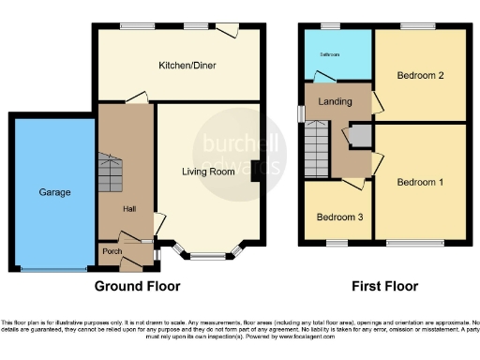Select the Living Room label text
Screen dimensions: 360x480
point(207,172)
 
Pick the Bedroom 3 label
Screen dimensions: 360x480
point(336,217)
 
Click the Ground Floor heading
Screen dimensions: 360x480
point(137,286)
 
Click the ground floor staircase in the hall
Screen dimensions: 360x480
point(112,173)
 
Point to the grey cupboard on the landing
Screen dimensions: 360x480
point(360,137)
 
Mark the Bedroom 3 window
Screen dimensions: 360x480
point(336,245)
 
